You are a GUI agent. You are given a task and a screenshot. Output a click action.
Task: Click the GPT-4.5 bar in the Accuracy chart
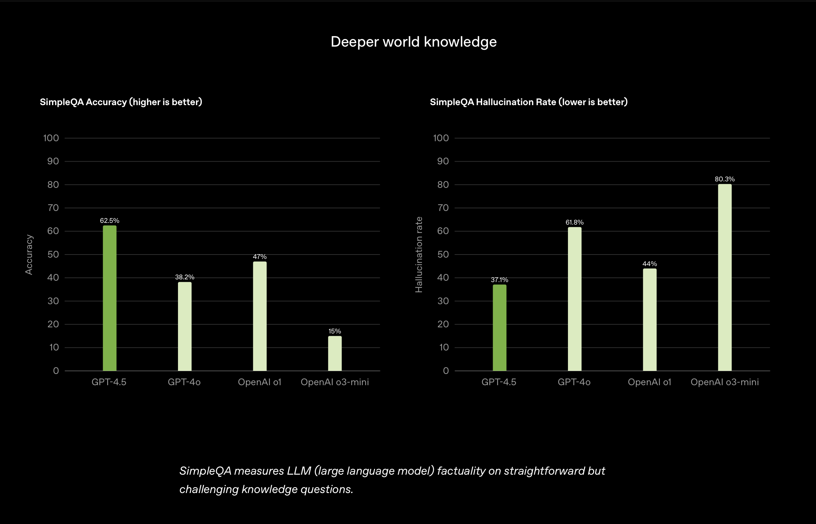(x=110, y=298)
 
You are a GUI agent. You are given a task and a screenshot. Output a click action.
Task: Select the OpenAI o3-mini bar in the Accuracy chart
(x=335, y=354)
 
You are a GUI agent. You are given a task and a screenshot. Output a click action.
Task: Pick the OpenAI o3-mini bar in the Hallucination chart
(x=725, y=277)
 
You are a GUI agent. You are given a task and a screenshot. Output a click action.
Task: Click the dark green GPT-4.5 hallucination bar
(x=500, y=328)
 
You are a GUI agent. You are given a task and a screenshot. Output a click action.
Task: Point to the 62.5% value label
(x=110, y=220)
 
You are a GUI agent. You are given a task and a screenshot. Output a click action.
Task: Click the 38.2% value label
(x=185, y=277)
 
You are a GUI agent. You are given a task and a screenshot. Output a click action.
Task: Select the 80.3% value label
(x=725, y=179)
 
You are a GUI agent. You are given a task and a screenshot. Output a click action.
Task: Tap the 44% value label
(x=650, y=264)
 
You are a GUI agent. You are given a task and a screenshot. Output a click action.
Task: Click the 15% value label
(x=335, y=331)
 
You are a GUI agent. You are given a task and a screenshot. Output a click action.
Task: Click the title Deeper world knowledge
(x=413, y=42)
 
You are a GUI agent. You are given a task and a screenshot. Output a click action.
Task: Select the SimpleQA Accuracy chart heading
(x=121, y=102)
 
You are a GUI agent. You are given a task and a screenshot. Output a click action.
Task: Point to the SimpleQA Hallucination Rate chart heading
(x=528, y=102)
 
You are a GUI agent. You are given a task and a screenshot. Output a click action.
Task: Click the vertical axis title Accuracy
(x=29, y=255)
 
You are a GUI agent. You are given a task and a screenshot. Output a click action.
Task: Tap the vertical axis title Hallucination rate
(x=419, y=255)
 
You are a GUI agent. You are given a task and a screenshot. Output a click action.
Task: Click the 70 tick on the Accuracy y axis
(x=53, y=208)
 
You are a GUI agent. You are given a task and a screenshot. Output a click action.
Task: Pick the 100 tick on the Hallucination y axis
(x=441, y=138)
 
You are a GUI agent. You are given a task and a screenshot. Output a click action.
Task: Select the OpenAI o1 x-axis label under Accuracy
(x=260, y=382)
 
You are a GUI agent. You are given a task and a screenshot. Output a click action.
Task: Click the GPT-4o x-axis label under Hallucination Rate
(x=574, y=382)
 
